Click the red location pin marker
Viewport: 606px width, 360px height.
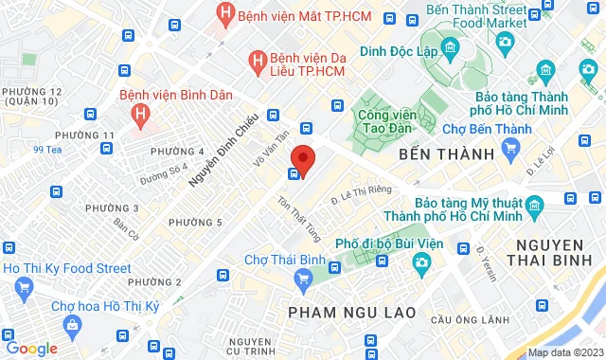[302, 157]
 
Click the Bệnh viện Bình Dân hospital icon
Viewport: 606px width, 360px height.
[140, 115]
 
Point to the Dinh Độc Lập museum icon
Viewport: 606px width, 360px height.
[449, 48]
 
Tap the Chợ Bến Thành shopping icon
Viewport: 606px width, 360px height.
[512, 148]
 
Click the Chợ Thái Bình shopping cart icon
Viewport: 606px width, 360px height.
[303, 277]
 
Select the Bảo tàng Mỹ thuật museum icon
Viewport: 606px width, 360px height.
[535, 204]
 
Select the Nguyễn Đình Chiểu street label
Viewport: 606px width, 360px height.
[215, 147]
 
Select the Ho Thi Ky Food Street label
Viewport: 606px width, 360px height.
[66, 269]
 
